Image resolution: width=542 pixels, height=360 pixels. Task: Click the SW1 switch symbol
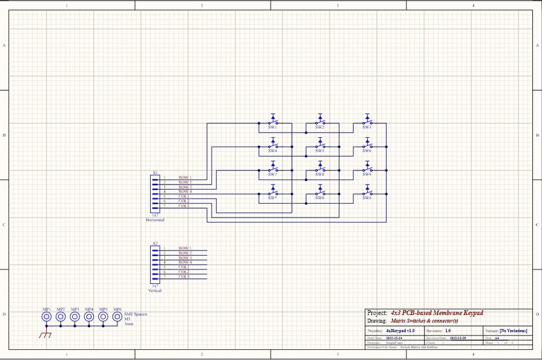click(x=273, y=121)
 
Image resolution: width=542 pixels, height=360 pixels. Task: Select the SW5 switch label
click(x=320, y=151)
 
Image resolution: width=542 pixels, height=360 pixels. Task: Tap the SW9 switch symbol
click(x=367, y=168)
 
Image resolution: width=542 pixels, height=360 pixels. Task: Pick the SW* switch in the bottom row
click(x=273, y=191)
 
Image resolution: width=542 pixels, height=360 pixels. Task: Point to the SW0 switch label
click(x=320, y=198)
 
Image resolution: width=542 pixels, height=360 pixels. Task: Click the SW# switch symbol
click(x=367, y=191)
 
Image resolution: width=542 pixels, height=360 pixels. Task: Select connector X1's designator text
click(x=155, y=173)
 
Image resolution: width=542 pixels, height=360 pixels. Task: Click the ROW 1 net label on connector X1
click(x=185, y=178)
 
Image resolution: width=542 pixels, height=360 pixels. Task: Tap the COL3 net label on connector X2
click(x=184, y=276)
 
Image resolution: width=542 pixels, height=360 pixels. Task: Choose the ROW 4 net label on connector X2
click(x=185, y=262)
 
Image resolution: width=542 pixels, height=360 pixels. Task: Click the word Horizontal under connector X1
click(x=155, y=220)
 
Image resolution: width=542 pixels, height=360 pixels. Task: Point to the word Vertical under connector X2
click(x=155, y=291)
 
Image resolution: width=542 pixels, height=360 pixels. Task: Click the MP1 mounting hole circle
click(x=47, y=317)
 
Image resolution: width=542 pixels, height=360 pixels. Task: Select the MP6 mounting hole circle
click(x=117, y=317)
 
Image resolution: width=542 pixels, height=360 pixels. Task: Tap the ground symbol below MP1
click(x=45, y=335)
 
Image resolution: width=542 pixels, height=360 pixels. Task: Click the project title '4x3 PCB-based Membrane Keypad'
click(x=436, y=313)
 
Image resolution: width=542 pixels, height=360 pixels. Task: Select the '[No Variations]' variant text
click(x=513, y=330)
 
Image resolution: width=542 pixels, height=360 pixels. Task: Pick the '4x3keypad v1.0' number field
click(x=400, y=330)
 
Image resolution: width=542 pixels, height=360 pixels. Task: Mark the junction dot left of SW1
click(x=259, y=123)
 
